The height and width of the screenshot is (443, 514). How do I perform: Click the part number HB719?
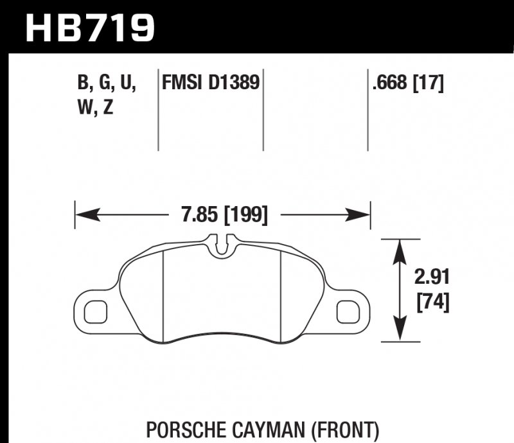click(x=89, y=26)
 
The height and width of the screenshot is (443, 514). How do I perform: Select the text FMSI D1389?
click(x=209, y=83)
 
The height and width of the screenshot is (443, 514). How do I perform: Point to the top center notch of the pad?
click(x=222, y=245)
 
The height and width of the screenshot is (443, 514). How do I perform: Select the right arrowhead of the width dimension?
click(x=364, y=214)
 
